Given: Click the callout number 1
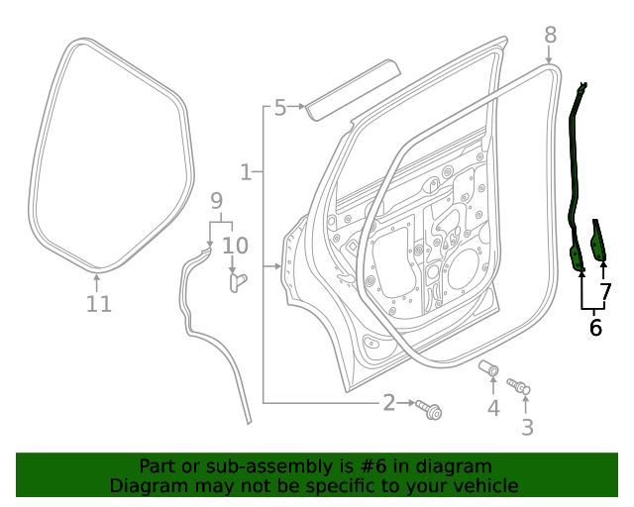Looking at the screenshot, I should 246,172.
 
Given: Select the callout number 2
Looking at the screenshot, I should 389,402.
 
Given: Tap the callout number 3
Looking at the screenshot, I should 527,427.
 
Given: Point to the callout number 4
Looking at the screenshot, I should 493,408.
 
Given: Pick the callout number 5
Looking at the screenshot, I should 280,107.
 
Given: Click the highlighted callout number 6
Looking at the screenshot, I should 595,327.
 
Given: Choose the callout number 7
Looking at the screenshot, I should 606,292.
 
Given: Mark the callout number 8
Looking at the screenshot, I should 551,36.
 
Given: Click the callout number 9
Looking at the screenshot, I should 217,202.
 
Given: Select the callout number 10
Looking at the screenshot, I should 235,245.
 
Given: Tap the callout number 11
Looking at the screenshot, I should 98,304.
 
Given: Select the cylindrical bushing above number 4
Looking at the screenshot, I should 489,368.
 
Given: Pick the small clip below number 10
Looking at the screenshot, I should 236,282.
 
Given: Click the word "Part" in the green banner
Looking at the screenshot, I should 157,466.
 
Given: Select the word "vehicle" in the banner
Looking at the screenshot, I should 484,485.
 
